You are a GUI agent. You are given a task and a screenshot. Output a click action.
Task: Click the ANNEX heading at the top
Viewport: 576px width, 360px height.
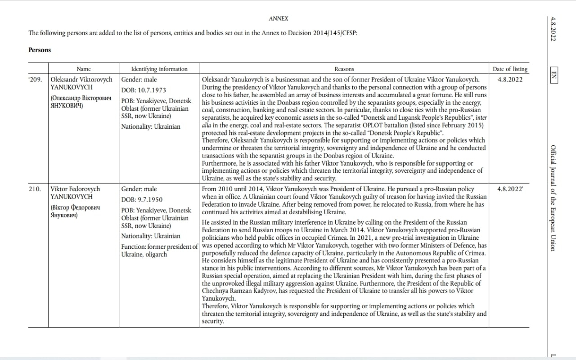[x=278, y=18]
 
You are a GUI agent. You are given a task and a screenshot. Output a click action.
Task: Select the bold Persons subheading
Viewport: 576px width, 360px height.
[x=40, y=50]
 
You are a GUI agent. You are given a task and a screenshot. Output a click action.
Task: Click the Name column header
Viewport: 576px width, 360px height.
[x=84, y=69]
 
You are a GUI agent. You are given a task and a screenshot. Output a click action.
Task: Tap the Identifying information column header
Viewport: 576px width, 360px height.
[x=159, y=69]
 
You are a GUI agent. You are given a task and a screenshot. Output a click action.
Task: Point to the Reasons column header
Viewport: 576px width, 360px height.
[x=344, y=69]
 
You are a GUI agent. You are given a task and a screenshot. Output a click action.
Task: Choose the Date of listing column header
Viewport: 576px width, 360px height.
[x=510, y=69]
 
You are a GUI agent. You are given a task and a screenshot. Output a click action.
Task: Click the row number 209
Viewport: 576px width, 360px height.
[x=36, y=80]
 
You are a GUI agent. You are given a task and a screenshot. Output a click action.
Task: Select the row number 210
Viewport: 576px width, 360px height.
[x=35, y=189]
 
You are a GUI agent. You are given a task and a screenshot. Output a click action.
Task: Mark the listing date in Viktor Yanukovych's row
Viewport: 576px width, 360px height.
[x=510, y=189]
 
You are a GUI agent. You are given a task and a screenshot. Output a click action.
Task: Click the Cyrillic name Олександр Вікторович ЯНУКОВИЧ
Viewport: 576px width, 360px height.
[x=80, y=102]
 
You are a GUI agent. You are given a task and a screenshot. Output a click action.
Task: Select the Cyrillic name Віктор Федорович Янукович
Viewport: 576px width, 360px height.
[x=75, y=211]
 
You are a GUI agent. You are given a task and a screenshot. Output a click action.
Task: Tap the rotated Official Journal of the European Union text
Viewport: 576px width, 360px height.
[x=553, y=198]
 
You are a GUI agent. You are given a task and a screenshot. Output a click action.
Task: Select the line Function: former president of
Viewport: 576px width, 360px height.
[x=159, y=247]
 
